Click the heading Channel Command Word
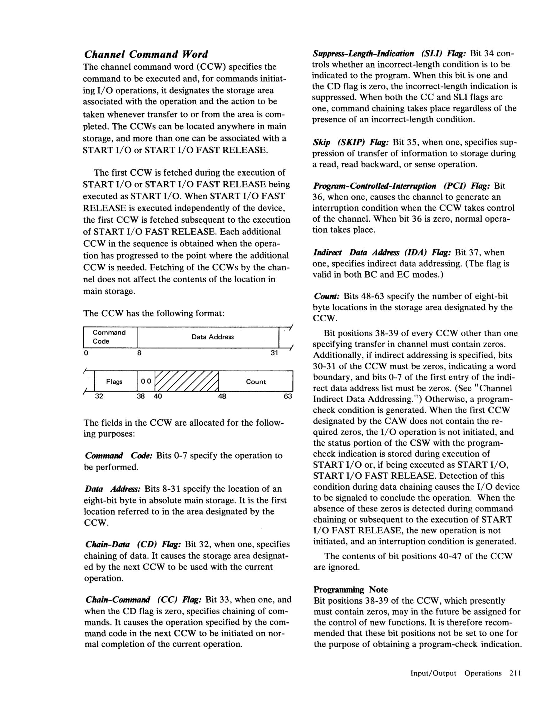tap(146, 54)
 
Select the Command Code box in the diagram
tap(110, 337)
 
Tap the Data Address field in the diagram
tap(212, 337)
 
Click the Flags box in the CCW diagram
tap(114, 382)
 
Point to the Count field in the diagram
tap(256, 382)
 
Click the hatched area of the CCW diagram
tap(186, 381)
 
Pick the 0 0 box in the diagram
tap(146, 382)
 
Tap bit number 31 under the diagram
tap(274, 353)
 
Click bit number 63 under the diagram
tap(288, 396)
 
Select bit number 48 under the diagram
tap(222, 396)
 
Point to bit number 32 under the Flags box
tap(99, 396)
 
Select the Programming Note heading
tap(351, 590)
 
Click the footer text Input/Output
tap(433, 674)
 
